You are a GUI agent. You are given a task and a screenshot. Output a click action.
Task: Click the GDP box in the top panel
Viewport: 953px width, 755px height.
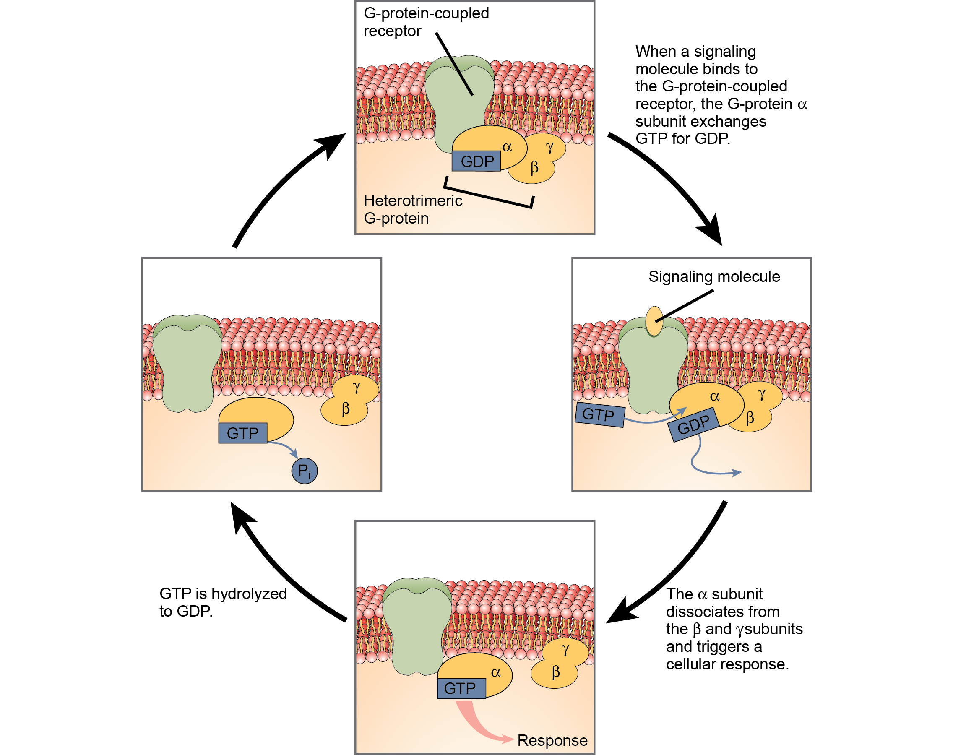point(476,161)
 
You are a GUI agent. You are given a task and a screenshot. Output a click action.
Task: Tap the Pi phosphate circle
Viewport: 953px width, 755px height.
point(305,471)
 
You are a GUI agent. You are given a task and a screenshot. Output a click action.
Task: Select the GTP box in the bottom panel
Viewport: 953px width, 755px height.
point(461,688)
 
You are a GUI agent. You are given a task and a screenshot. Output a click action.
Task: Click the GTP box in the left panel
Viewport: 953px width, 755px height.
point(243,433)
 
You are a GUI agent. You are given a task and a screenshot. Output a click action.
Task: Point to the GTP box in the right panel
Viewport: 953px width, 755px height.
point(599,415)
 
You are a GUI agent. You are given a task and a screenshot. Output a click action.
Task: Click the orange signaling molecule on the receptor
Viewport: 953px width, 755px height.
point(654,321)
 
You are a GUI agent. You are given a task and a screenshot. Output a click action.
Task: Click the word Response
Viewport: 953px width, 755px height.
point(552,740)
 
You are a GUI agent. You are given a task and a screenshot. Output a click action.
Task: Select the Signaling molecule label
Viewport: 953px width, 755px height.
point(714,277)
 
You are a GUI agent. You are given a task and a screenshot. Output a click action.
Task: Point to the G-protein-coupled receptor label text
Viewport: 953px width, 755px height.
point(426,22)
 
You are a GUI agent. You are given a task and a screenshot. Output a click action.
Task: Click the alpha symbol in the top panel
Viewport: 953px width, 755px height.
point(507,147)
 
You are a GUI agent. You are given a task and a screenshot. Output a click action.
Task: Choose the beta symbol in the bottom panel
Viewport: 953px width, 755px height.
point(556,672)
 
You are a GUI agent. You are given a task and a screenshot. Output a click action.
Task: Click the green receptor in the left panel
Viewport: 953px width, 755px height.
point(187,362)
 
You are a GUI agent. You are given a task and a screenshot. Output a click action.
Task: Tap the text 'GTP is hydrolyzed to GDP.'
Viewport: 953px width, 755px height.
point(223,602)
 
